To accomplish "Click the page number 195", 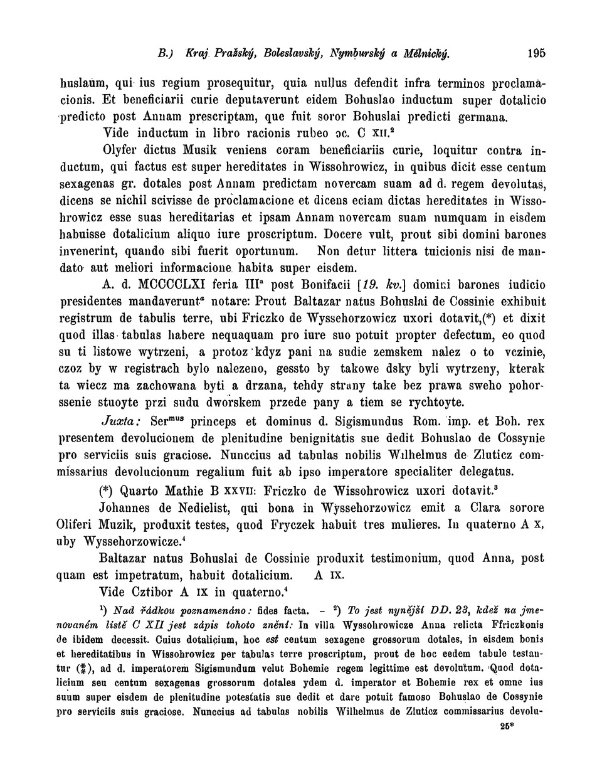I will coord(536,53).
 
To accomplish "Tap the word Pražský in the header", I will coord(213,53).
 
